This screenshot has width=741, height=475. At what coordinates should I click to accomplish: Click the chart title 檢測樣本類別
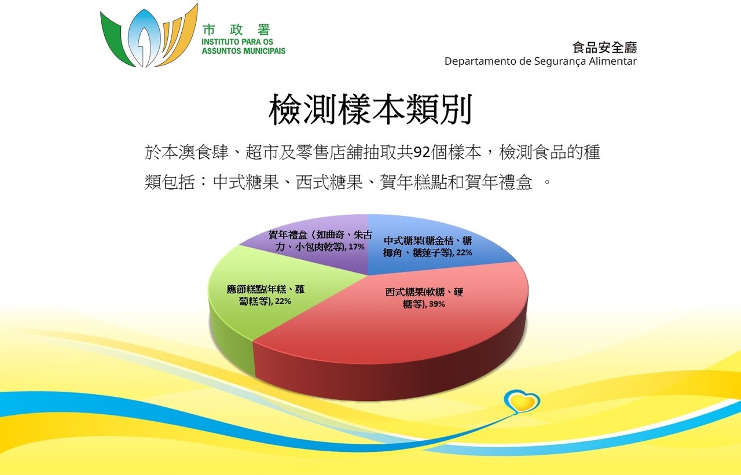[x=370, y=109]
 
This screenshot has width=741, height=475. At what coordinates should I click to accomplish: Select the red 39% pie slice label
[x=424, y=298]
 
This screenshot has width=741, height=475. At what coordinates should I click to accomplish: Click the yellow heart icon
[x=522, y=402]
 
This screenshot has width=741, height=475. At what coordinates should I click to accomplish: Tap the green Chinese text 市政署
[x=237, y=30]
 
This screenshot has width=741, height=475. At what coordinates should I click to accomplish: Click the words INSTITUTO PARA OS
[x=237, y=42]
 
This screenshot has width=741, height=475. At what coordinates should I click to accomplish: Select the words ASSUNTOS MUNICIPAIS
[x=244, y=51]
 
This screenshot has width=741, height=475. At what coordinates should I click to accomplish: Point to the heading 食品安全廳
[x=604, y=47]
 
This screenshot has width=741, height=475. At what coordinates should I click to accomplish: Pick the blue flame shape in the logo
[x=144, y=38]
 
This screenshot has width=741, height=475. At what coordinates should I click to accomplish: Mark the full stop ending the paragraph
[x=547, y=182]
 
